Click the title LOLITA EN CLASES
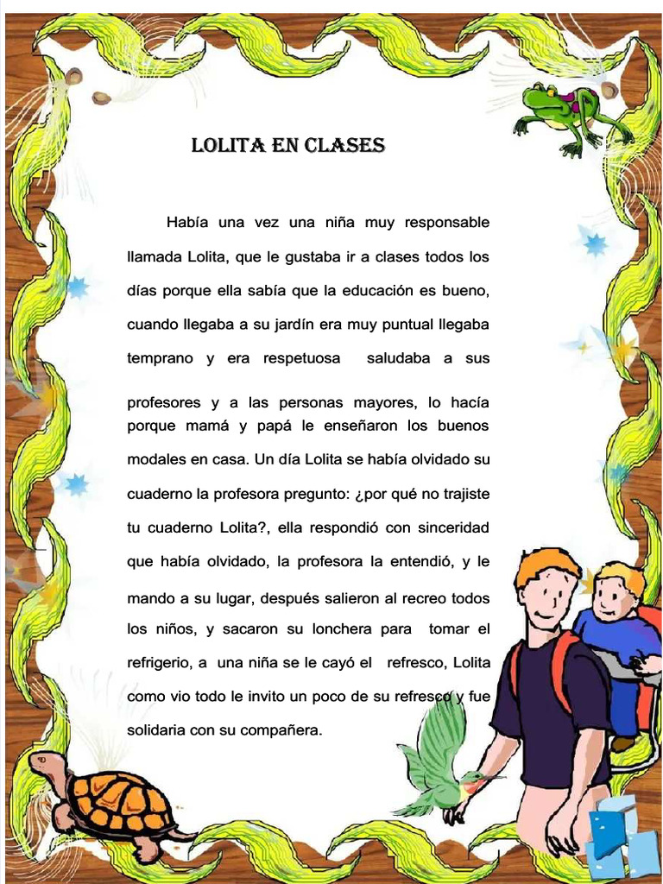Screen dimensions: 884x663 click(287, 145)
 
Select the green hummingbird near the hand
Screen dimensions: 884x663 click(440, 764)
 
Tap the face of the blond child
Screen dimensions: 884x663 click(614, 597)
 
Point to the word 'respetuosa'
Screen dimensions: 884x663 click(301, 358)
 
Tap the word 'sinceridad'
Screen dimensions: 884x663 click(453, 527)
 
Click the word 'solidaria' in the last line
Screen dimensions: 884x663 click(155, 729)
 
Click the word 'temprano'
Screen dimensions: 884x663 click(160, 358)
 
